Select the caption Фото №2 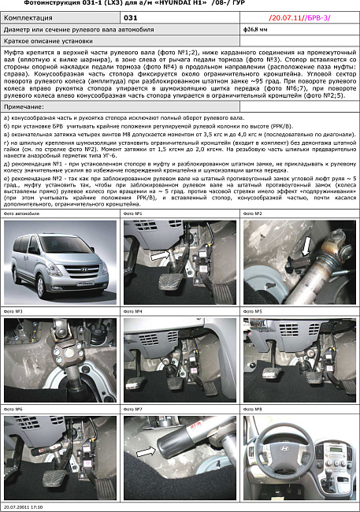pyautogui.click(x=254, y=213)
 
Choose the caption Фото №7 pyautogui.click(x=133, y=410)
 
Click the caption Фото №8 pyautogui.click(x=254, y=410)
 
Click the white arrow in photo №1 pyautogui.click(x=160, y=256)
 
